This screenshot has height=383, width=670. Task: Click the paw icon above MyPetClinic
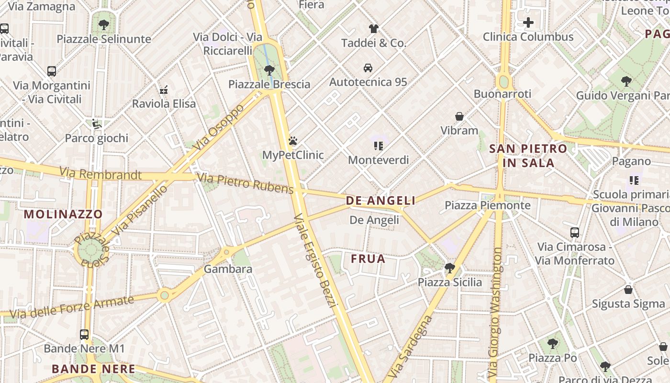[x=293, y=141]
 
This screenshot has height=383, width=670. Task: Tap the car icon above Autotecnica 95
[x=368, y=68]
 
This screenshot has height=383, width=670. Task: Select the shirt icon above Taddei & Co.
[x=373, y=28]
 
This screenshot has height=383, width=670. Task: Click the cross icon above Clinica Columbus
[x=528, y=23]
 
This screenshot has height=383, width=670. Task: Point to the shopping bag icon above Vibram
[x=459, y=116]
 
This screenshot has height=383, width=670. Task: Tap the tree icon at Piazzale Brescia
[x=269, y=70]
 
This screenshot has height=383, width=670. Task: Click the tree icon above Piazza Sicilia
[x=449, y=268]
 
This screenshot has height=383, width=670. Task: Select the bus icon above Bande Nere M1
[x=84, y=334]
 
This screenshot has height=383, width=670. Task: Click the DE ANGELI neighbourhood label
[x=380, y=201]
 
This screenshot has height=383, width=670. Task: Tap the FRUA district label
[x=368, y=259]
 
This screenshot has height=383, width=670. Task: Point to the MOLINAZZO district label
[x=63, y=214]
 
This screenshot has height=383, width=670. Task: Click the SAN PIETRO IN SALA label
[x=528, y=156]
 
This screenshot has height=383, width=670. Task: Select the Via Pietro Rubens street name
[x=245, y=184]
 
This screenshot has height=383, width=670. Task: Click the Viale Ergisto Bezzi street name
[x=316, y=261]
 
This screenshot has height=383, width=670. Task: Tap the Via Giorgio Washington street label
[x=496, y=311]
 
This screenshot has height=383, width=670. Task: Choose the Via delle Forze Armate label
[x=72, y=307]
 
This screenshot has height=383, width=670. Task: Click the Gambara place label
[x=228, y=269]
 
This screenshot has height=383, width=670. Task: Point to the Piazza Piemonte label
[x=488, y=205]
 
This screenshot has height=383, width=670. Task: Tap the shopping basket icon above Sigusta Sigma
[x=628, y=290]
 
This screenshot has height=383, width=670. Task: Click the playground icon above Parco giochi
[x=97, y=124]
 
